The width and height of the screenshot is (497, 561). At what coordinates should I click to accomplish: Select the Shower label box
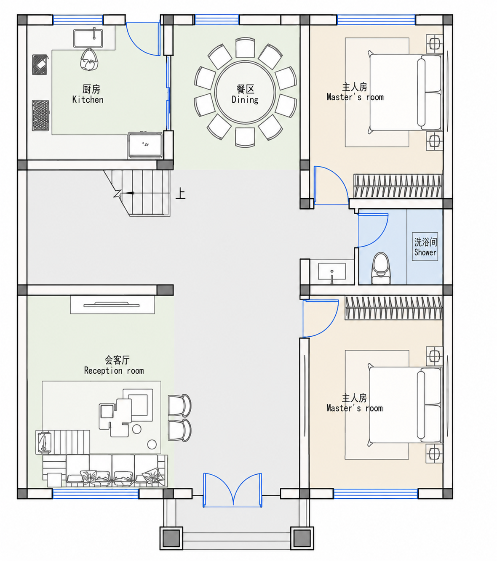coord(425,247)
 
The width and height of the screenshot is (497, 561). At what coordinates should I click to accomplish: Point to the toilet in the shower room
coord(381,268)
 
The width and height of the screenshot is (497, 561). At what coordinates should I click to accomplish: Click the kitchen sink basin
coord(88,38)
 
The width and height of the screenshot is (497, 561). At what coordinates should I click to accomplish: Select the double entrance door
coord(232,490)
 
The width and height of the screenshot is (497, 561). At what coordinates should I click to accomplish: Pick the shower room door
coord(373,230)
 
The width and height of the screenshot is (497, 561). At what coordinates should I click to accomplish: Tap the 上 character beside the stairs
coord(180,193)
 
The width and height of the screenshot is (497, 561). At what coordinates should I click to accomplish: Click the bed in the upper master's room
coord(405,92)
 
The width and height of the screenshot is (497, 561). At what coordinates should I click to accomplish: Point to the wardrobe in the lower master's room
coord(394,308)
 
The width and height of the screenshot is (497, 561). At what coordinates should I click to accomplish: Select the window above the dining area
coord(217,20)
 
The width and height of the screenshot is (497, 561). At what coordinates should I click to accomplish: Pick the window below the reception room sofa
coord(95,494)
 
